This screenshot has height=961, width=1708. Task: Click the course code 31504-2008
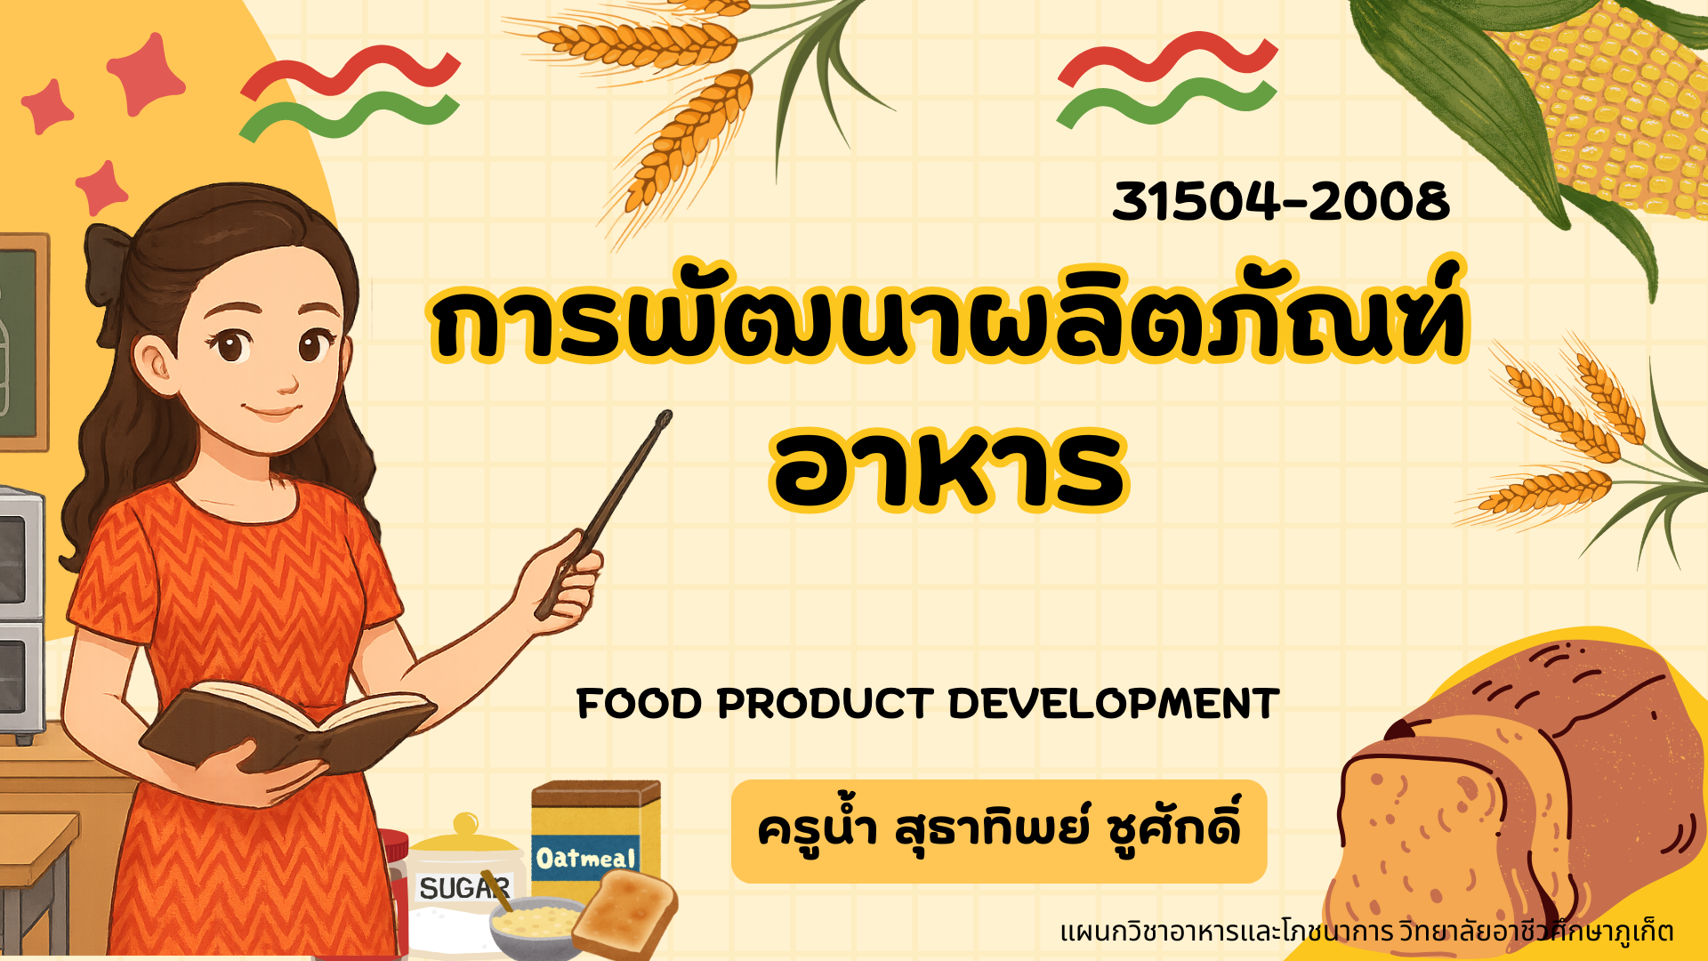point(1281,201)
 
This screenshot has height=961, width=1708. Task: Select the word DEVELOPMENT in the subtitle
point(1114,704)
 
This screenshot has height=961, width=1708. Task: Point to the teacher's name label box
point(999,831)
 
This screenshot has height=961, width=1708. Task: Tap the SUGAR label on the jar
point(465,887)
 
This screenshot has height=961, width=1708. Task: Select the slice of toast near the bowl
point(625,913)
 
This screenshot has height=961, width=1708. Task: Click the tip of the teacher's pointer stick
point(666,415)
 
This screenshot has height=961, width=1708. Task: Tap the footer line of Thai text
point(1366,932)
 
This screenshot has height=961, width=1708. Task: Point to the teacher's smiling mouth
point(272,412)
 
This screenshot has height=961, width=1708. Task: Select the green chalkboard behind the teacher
point(20,343)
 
